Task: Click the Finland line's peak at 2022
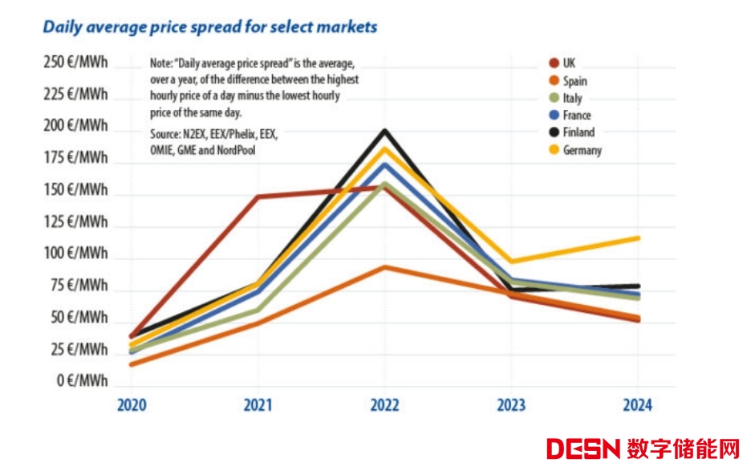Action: tap(385, 131)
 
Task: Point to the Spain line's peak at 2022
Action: tap(385, 267)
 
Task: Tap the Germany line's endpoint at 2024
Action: tap(638, 238)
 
